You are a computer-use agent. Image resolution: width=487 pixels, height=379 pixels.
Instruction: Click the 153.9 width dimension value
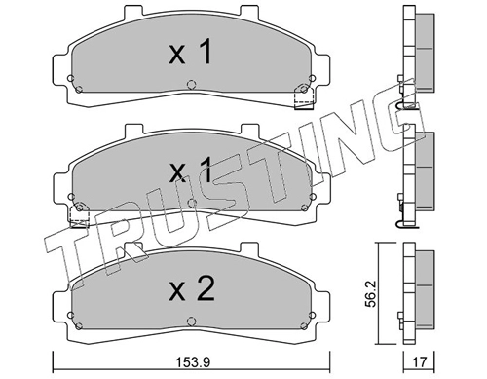click(193, 361)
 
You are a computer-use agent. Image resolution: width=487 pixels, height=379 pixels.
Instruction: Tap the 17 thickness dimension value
click(419, 361)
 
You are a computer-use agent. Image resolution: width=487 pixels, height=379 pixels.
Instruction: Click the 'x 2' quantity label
click(192, 288)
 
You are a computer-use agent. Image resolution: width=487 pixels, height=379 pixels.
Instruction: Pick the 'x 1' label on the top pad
click(190, 52)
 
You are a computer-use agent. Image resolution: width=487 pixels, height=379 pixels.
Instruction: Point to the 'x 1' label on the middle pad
click(190, 170)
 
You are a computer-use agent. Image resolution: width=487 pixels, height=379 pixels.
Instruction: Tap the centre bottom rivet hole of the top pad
click(192, 85)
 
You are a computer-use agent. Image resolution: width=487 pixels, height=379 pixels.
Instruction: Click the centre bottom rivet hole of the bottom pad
click(192, 322)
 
